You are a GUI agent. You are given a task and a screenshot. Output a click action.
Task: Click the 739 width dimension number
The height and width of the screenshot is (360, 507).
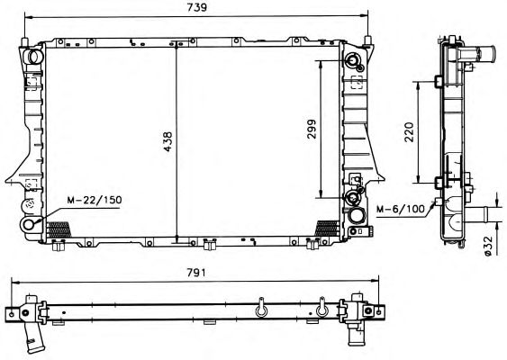[197, 7]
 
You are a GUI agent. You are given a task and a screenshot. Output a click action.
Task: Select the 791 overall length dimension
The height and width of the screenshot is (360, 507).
[196, 273]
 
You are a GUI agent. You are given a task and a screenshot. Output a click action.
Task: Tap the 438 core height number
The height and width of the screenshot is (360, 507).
[168, 141]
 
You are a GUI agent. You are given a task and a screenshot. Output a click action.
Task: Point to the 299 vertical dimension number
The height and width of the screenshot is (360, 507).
[312, 129]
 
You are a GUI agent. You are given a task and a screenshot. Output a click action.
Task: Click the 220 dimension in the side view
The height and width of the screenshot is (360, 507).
[410, 131]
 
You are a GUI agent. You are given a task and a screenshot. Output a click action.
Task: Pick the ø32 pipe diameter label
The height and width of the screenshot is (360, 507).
[488, 246]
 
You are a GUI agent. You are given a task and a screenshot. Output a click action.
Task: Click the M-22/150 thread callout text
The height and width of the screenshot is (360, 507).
[95, 200]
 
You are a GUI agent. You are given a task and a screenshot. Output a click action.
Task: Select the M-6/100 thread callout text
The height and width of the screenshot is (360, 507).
[401, 209]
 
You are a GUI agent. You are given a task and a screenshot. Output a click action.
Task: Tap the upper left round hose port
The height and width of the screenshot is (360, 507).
[34, 57]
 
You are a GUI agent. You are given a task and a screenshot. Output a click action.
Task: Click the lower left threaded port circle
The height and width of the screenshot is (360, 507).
[29, 224]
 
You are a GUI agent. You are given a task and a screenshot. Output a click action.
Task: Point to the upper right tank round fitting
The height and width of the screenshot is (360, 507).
[353, 60]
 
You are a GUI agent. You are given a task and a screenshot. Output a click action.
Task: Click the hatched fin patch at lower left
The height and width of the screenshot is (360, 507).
[59, 229]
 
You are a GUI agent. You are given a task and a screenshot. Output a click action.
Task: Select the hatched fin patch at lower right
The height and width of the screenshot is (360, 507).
[327, 229]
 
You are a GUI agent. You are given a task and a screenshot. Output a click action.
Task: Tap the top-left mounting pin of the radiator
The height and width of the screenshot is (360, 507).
[24, 42]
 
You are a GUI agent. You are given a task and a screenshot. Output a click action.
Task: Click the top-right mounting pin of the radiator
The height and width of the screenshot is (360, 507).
[367, 41]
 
